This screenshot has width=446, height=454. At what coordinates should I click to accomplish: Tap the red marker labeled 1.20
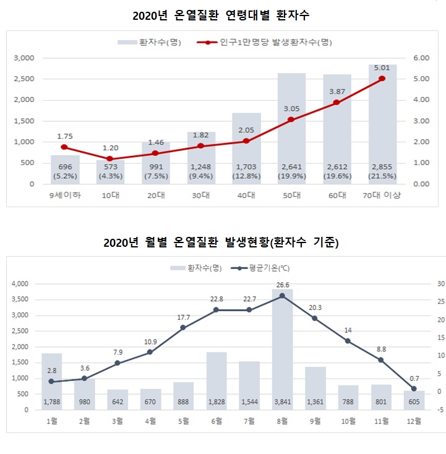(109, 159)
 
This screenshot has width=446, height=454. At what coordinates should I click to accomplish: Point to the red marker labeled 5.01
(382, 79)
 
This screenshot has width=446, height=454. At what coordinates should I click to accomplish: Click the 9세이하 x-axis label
(64, 195)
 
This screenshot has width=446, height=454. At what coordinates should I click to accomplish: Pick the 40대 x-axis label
(246, 195)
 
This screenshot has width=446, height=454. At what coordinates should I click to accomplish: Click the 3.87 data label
(337, 91)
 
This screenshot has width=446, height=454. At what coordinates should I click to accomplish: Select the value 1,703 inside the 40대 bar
(246, 166)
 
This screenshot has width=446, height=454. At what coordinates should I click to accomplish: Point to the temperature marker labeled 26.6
(282, 296)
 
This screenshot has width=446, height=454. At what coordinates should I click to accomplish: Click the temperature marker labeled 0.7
(414, 388)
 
